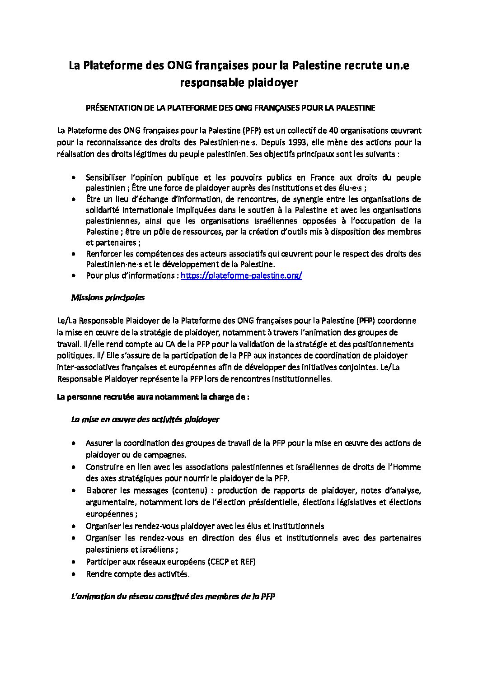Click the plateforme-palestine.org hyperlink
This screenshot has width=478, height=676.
tap(241, 275)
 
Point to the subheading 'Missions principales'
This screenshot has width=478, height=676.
tap(108, 298)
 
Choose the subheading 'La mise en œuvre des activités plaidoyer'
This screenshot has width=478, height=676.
tap(145, 419)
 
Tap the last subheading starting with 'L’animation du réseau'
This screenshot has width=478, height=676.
tap(173, 597)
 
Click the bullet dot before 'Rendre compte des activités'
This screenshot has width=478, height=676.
tap(73, 574)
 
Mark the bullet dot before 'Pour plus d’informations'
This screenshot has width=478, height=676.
tap(73, 275)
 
